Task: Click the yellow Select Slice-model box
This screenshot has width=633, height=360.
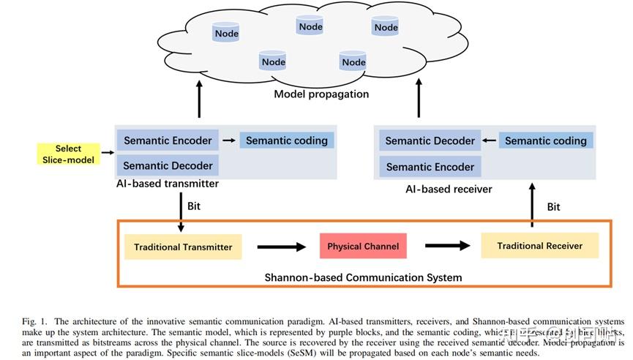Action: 68,154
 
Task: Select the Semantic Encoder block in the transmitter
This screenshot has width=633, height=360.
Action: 168,140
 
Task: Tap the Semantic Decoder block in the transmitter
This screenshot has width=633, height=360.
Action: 168,165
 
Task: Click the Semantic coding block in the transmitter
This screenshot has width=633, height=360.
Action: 286,140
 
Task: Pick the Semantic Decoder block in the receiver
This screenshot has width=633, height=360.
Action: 430,140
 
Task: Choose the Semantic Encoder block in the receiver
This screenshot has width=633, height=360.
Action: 430,167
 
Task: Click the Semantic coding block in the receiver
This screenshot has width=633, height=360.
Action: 545,140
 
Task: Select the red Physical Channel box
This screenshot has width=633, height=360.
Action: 363,246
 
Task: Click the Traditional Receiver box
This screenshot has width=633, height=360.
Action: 539,246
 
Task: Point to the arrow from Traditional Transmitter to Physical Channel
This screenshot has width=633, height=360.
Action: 281,247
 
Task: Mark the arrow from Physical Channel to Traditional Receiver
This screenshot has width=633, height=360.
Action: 446,246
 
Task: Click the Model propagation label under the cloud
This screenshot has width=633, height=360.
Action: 321,94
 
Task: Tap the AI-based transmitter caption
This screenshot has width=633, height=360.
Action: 167,184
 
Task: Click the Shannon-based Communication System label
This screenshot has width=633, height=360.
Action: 363,277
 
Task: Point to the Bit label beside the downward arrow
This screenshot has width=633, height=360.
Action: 194,206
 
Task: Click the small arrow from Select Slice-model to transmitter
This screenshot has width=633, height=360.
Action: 108,154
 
